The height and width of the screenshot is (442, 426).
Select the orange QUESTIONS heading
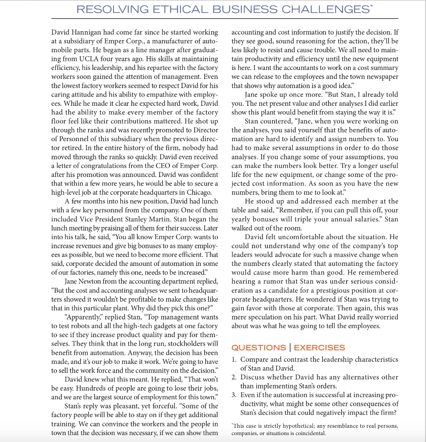(x=259, y=347)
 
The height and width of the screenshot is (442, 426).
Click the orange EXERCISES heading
(x=319, y=347)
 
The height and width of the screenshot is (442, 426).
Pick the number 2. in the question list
(x=234, y=377)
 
